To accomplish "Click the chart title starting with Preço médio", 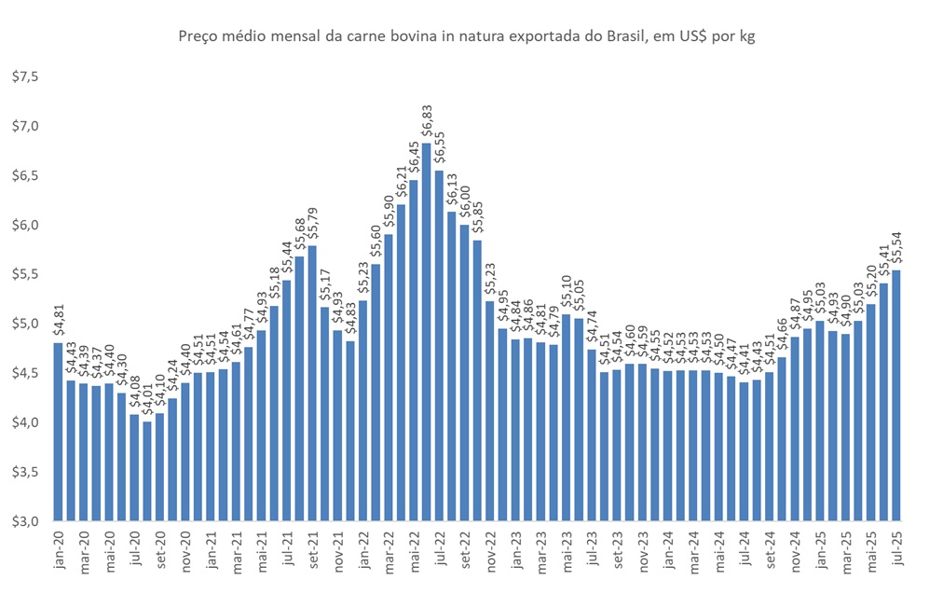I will [x=465, y=37].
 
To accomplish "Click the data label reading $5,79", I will [x=312, y=224].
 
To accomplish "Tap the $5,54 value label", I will [x=896, y=248].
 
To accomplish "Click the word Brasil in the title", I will [x=605, y=37].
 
